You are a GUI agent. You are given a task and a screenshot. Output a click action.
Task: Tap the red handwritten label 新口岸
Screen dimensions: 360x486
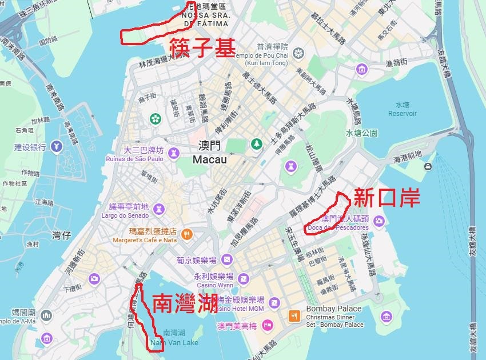[387, 198]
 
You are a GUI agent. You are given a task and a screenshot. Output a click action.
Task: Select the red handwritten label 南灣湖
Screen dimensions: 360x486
[185, 303]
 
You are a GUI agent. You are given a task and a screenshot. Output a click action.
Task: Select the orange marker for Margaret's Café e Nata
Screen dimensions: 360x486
[186, 234]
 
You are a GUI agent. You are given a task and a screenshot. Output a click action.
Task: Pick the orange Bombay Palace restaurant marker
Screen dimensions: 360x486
[294, 315]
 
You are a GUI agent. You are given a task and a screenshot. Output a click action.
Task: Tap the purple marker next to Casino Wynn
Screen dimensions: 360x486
[244, 278]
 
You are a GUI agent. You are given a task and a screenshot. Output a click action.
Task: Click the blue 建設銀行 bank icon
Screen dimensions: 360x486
[57, 147]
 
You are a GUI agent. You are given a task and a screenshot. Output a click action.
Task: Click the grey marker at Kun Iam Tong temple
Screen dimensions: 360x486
[298, 54]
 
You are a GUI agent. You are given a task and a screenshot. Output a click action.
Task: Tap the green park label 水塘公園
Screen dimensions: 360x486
[361, 133]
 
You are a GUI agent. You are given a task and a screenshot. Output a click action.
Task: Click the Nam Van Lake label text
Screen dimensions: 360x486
[174, 342]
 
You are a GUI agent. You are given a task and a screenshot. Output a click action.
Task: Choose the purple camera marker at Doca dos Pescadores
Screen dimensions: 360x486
[379, 221]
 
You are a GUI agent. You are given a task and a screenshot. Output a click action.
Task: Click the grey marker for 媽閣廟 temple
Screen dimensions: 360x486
[46, 315]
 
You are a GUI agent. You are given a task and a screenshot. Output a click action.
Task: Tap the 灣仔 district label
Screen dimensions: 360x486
[61, 235]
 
